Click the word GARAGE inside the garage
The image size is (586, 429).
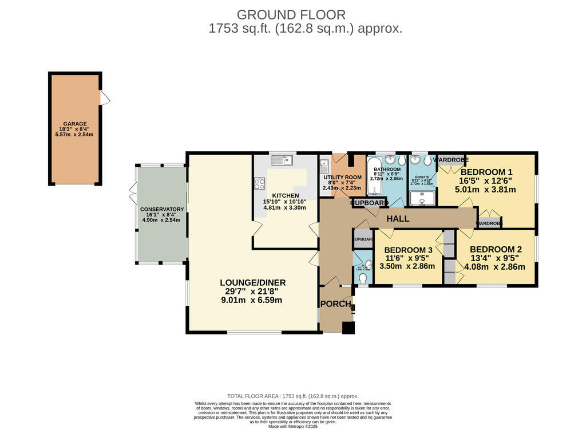click(75, 124)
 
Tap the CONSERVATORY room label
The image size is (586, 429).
click(162, 209)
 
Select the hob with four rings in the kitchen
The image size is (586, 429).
click(259, 184)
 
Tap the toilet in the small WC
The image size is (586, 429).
click(362, 278)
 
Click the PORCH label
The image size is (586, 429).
click(335, 304)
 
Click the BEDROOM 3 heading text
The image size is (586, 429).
click(408, 250)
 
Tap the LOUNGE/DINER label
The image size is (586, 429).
click(253, 282)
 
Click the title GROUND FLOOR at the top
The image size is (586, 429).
click(291, 14)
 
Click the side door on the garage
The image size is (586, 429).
click(105, 98)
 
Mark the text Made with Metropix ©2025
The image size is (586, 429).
click(293, 426)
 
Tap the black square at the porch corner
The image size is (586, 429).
click(348, 328)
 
